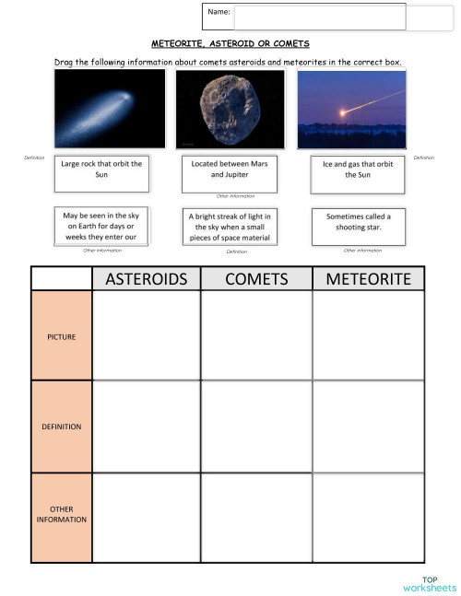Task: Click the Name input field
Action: click(x=319, y=17)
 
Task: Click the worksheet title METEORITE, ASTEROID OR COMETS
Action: click(x=230, y=43)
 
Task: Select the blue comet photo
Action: click(x=110, y=109)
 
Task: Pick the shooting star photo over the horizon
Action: click(x=351, y=109)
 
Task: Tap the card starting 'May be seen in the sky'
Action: click(x=101, y=226)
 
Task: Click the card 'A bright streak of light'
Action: click(x=230, y=227)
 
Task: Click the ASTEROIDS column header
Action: click(x=146, y=278)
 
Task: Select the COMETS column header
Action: click(x=255, y=278)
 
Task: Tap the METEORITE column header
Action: click(x=368, y=278)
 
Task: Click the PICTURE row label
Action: click(x=62, y=336)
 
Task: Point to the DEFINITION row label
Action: click(x=62, y=427)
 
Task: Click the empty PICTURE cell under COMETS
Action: click(x=255, y=336)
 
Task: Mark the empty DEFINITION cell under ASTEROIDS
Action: click(x=146, y=427)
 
